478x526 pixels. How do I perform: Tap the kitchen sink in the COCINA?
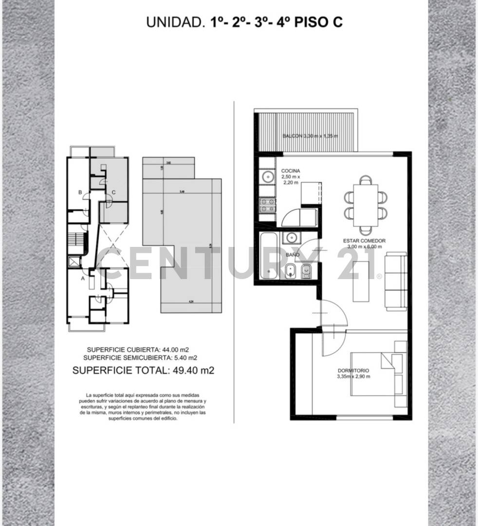pyautogui.click(x=267, y=176)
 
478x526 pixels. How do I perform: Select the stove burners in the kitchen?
pyautogui.click(x=267, y=205)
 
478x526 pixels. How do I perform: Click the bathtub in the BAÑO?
pyautogui.click(x=269, y=256)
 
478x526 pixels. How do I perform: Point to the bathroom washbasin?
pyautogui.click(x=292, y=237)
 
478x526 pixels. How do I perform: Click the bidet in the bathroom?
pyautogui.click(x=291, y=271)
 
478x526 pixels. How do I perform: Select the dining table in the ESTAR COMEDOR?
pyautogui.click(x=366, y=205)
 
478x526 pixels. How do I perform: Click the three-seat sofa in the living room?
pyautogui.click(x=396, y=281)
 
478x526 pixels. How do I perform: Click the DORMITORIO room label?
pyautogui.click(x=353, y=370)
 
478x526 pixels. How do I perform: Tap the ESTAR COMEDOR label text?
pyautogui.click(x=364, y=241)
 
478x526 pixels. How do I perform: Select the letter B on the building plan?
pyautogui.click(x=80, y=192)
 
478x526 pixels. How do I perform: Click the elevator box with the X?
pyautogui.click(x=74, y=262)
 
